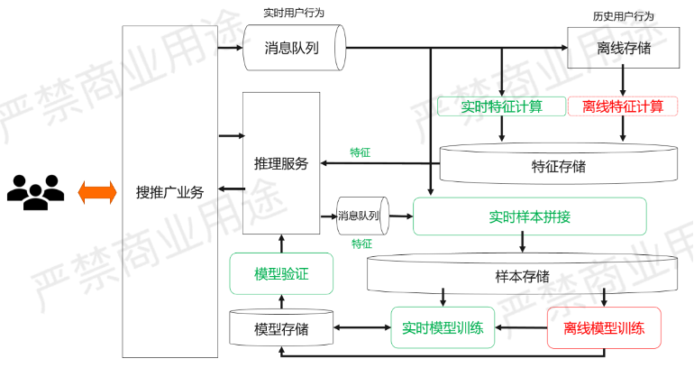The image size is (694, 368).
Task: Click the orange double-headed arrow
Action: coord(96,191)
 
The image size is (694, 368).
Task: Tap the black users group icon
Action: coord(35,191)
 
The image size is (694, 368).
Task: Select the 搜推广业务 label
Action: coord(169,191)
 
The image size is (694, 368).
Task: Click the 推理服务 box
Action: coord(281,163)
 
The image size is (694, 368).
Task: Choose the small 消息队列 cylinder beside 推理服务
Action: coord(359,216)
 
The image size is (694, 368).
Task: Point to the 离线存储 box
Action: coord(623,48)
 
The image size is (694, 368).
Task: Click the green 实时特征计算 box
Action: coord(501,106)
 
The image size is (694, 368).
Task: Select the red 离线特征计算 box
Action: coord(623,106)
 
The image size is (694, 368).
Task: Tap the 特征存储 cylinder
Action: coord(558,166)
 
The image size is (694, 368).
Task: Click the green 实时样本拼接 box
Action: coord(529,216)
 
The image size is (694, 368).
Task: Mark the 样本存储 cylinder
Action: coord(522,276)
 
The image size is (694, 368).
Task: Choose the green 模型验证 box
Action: coord(281,273)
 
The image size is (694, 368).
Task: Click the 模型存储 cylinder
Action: coord(281,329)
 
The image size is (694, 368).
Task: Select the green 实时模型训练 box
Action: coord(443,328)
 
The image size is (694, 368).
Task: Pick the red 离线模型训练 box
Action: coord(603,328)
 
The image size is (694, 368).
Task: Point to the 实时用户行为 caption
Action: coord(293,13)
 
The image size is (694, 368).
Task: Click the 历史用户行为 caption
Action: coord(623,15)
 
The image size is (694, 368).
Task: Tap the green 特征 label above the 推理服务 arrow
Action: coord(361,152)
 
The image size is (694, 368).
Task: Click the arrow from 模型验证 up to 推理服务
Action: coord(281,244)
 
